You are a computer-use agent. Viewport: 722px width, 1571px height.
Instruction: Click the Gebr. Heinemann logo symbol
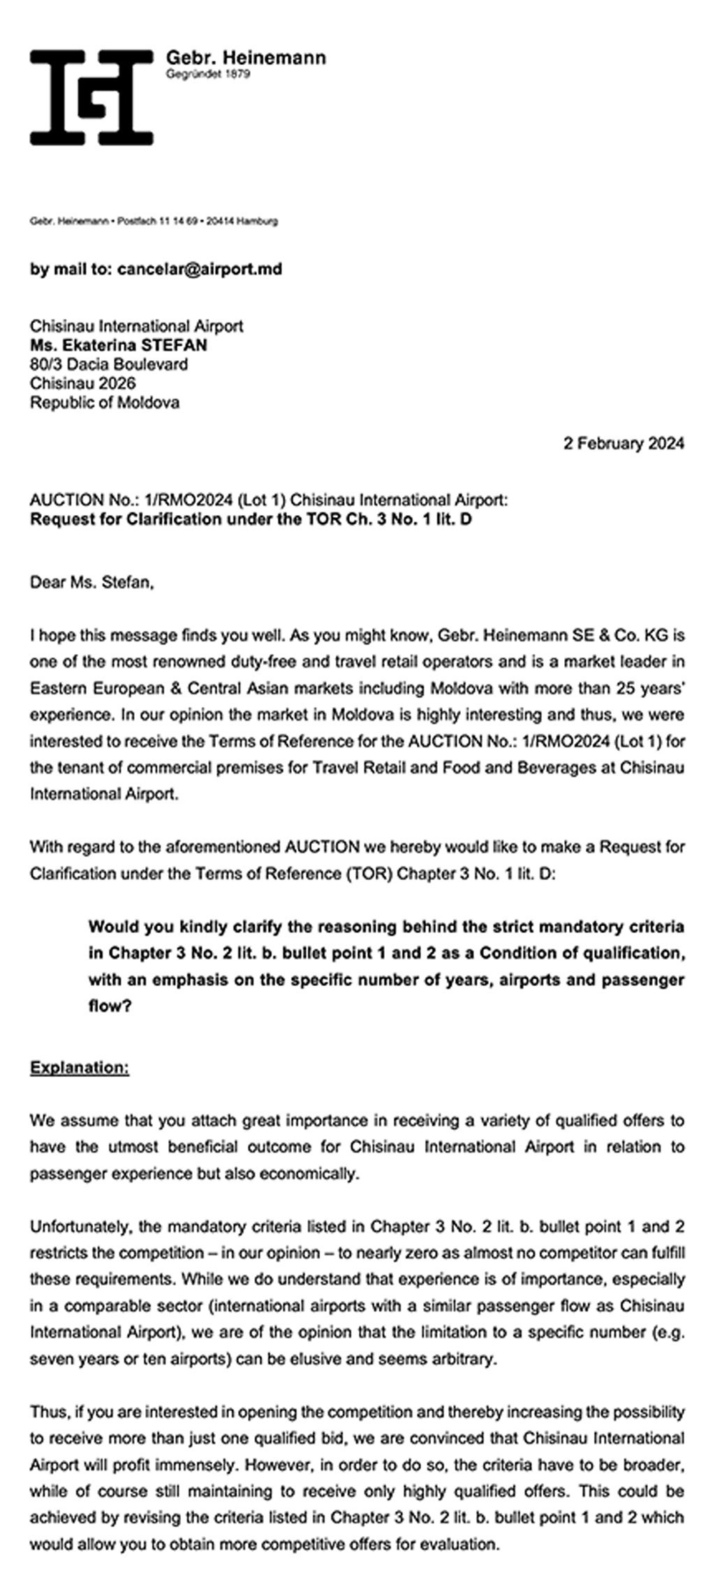pos(91,98)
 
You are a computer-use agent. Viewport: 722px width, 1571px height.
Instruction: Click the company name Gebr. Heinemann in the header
pos(245,58)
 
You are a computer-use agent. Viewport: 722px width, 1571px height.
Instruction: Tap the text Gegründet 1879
pos(207,74)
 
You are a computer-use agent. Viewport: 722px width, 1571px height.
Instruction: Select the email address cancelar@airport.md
pos(200,269)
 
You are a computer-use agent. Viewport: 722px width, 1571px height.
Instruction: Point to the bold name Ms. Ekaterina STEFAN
pos(118,345)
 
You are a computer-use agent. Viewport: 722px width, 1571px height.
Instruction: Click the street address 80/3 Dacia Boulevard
pos(108,364)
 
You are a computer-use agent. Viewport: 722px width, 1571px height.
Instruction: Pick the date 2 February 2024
pos(624,443)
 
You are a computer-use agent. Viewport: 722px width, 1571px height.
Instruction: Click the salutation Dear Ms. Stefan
pos(91,581)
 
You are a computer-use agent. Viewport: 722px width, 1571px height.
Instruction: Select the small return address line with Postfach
pos(154,221)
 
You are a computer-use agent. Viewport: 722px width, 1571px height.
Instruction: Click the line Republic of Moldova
pos(104,402)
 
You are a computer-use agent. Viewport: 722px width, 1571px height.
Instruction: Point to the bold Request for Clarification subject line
pos(251,519)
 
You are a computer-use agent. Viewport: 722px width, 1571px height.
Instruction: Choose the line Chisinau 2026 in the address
pos(82,382)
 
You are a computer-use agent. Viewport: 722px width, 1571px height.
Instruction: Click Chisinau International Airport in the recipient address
pos(136,326)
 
